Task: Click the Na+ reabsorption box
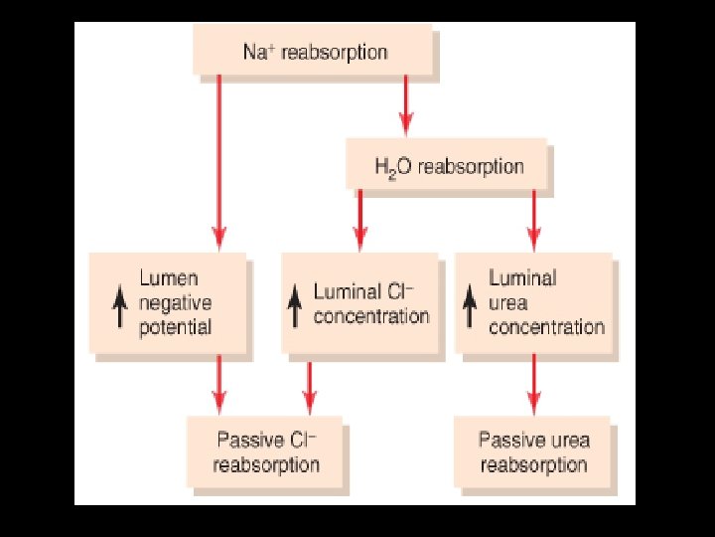(x=316, y=52)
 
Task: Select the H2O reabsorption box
(x=448, y=165)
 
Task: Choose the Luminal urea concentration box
(x=535, y=303)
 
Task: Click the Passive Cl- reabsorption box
(x=266, y=451)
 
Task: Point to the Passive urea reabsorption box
(x=534, y=452)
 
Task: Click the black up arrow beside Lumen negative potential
(x=120, y=304)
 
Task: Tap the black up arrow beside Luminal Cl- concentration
(x=295, y=306)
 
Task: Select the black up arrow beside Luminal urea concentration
(x=471, y=306)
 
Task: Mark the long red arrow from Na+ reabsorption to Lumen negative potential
(x=219, y=159)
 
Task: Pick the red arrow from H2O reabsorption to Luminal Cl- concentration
(x=360, y=219)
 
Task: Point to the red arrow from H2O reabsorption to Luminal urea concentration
(x=534, y=219)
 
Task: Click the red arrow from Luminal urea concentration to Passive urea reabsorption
(x=534, y=384)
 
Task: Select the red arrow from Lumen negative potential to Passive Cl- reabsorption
(x=219, y=384)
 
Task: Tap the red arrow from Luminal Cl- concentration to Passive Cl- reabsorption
(x=309, y=386)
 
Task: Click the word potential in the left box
(x=176, y=327)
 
